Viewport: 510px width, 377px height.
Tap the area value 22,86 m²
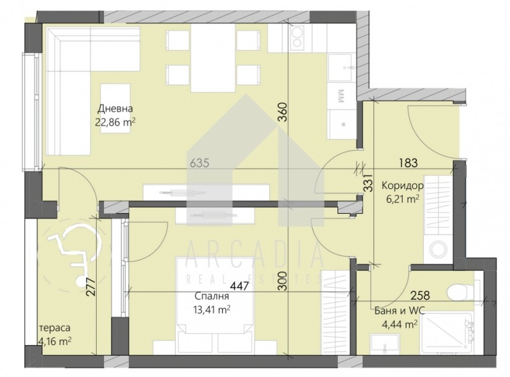point(115,122)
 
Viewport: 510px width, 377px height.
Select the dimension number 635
point(200,163)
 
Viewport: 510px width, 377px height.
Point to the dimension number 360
point(283,112)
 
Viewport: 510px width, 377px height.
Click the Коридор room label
point(402,186)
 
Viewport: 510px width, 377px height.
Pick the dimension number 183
point(408,162)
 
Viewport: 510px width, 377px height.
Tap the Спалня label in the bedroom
point(212,296)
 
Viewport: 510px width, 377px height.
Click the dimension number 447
point(240,286)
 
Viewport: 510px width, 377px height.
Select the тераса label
point(55,328)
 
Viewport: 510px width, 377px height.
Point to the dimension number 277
point(91,286)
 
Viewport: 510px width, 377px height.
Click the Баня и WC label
point(400,311)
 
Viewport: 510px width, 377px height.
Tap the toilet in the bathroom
point(461,292)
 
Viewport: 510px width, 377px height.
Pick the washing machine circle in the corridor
point(438,250)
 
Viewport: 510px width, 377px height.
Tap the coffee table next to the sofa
point(115,108)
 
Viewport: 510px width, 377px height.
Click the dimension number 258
point(420,295)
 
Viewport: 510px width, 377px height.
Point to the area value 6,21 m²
point(402,199)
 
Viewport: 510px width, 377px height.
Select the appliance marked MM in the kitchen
point(342,96)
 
